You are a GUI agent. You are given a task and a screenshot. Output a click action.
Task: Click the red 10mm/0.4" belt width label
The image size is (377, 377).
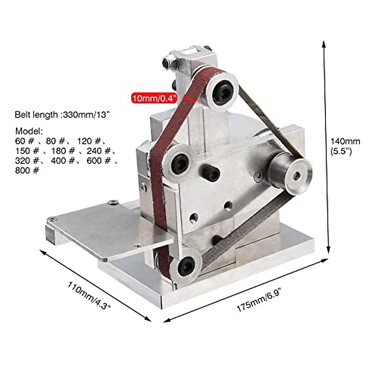154,98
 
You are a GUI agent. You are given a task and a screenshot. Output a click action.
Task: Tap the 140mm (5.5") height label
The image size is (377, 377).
345,146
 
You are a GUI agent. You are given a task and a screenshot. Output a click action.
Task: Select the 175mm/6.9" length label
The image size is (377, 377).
258,301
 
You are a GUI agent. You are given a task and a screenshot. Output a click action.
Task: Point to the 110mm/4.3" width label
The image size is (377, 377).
89,296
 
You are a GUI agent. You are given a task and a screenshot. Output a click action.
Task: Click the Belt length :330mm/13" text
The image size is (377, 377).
62,115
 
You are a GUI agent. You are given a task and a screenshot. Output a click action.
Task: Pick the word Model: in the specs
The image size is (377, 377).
29,131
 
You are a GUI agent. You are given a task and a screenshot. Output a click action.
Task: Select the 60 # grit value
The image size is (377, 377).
25,141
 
